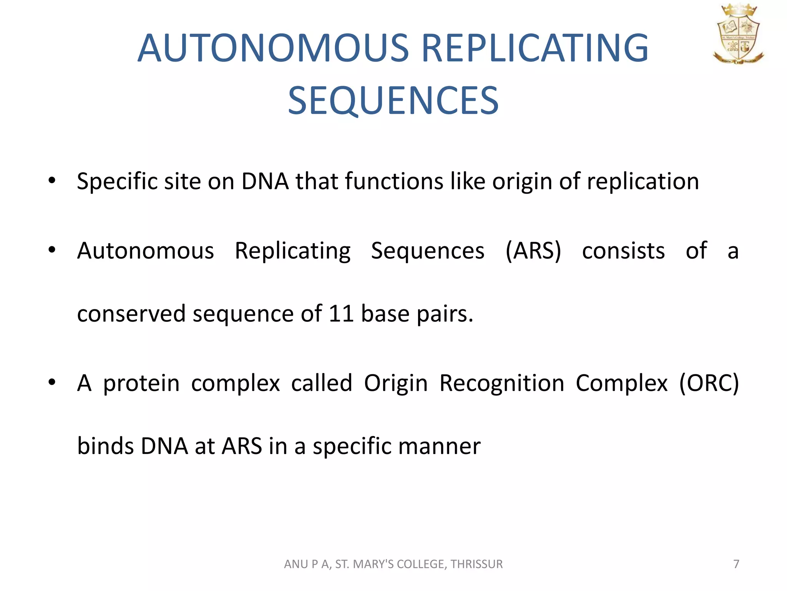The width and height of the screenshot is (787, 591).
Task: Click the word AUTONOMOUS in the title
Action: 273,48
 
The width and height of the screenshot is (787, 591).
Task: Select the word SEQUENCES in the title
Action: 393,101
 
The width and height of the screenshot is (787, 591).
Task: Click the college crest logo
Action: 738,35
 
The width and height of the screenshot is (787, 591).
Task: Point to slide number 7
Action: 736,564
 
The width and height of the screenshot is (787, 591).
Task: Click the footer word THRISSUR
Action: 477,564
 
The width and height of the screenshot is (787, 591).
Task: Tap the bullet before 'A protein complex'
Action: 52,382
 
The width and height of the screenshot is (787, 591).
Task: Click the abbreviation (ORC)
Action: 709,383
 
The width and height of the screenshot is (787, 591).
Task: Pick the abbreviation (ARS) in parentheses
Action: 533,251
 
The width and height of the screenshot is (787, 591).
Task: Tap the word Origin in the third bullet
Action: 396,384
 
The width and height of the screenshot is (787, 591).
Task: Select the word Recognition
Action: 502,384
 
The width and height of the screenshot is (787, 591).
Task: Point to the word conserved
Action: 131,314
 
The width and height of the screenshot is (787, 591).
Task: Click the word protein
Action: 141,384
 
